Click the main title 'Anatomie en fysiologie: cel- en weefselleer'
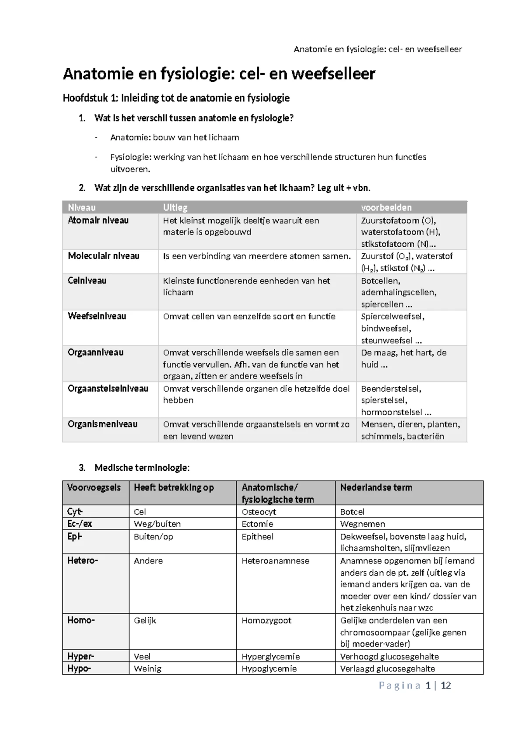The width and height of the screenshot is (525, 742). pos(219,74)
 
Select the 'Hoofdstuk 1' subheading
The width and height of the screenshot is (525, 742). pos(176,98)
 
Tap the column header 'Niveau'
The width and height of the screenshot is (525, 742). pos(81,207)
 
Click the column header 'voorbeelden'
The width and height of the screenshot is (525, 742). pos(386,207)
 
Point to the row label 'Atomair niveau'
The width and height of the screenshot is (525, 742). pos(98,220)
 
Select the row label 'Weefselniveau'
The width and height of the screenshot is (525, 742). pos(97,316)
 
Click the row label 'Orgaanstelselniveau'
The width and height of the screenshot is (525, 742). pos(108,388)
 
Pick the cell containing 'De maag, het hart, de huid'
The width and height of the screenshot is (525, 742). pos(403,358)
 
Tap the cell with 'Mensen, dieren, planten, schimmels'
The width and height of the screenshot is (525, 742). pos(410,430)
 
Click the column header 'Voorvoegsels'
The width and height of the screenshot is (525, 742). pos(94,487)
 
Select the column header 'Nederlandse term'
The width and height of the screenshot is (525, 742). pos(376,487)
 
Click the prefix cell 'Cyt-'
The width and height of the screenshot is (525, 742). pos(75,511)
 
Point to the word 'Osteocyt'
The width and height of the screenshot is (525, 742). pos(259,511)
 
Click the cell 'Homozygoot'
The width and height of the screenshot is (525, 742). pos(266,620)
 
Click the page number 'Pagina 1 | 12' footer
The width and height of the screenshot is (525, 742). pos(415,686)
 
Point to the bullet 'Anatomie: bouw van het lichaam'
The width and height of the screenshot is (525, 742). pos(175,137)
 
